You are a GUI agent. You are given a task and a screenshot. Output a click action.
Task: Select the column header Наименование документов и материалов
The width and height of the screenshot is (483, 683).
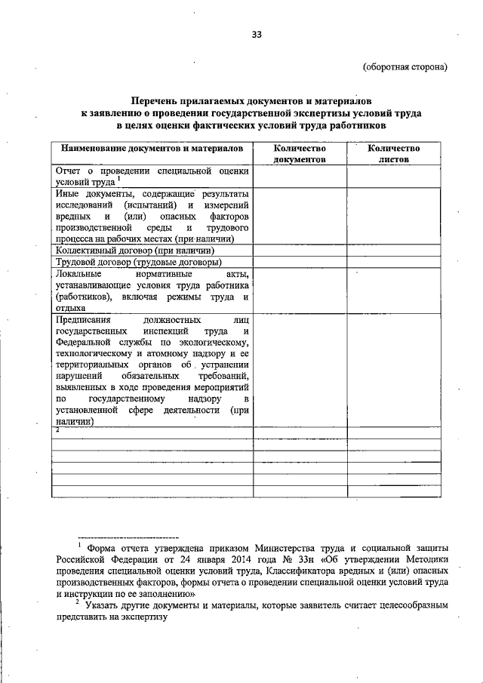point(152,149)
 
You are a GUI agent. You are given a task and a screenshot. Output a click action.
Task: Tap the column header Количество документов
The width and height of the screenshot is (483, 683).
point(300,154)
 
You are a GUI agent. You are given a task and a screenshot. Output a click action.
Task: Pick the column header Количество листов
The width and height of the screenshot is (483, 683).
point(393,154)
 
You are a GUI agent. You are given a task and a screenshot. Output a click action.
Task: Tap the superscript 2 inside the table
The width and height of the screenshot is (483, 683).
point(57,429)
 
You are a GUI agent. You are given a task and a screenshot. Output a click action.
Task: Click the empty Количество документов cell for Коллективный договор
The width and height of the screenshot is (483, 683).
point(300,250)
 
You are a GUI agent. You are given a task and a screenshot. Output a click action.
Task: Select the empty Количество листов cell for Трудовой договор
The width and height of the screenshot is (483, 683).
point(393,262)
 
